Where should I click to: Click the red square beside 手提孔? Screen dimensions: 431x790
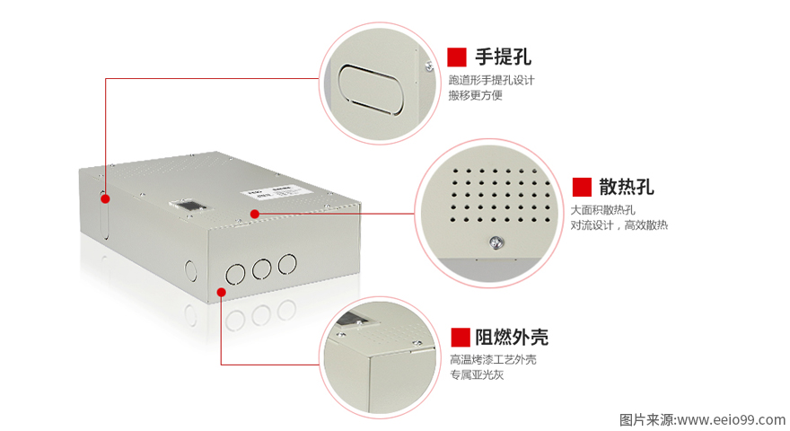click(457, 57)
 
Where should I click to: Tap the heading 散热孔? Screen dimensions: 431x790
click(627, 187)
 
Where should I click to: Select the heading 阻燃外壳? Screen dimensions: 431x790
click(512, 337)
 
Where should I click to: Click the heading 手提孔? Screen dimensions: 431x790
click(503, 57)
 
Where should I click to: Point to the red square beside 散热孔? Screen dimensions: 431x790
click(582, 187)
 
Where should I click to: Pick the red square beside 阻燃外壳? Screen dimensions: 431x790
click(461, 337)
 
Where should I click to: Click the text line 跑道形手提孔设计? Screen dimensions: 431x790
click(491, 80)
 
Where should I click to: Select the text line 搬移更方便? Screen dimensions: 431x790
click(476, 95)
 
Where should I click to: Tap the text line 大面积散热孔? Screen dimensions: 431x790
click(602, 210)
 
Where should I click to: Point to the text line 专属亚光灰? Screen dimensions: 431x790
click(477, 374)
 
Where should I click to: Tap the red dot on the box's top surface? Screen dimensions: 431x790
click(255, 214)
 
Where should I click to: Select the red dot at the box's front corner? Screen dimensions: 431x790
click(221, 291)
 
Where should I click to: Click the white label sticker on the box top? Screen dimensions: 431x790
click(266, 193)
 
